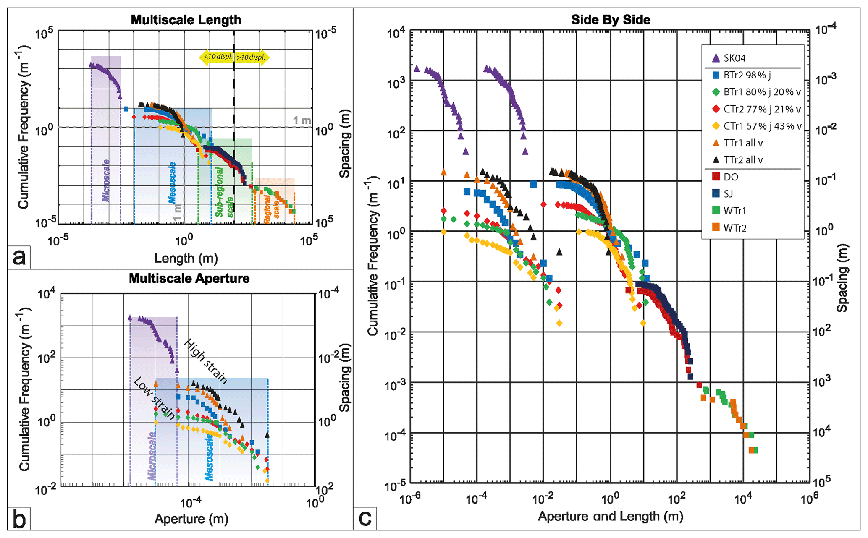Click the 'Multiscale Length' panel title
(186, 20)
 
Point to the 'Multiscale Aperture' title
(189, 278)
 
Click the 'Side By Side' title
(611, 20)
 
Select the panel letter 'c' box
(365, 518)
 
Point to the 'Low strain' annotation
(154, 398)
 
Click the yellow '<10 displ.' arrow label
(217, 57)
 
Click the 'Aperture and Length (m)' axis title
(610, 516)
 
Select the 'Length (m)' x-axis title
(186, 258)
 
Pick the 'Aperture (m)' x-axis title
(191, 519)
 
